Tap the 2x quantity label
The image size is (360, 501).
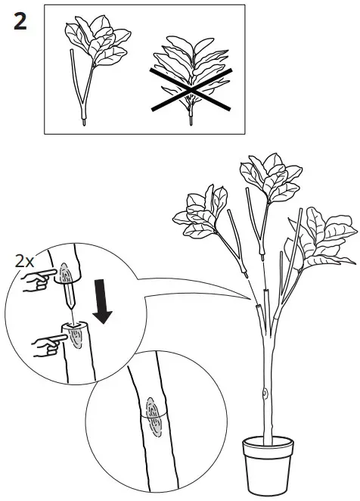(x=25, y=261)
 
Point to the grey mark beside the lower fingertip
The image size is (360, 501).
(x=76, y=339)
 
